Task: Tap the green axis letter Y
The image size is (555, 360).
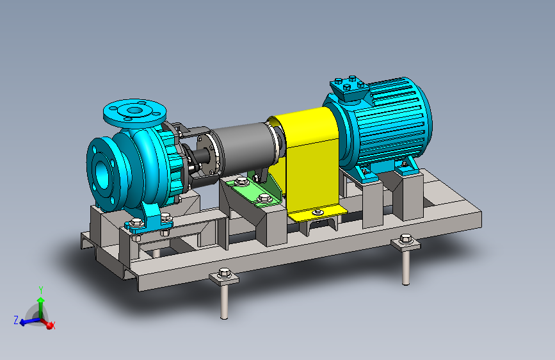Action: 41,291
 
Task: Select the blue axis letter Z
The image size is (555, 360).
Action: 16,320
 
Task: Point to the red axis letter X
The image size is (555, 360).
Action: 53,325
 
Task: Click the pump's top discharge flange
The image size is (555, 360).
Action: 135,111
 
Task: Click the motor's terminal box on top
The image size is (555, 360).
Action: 350,88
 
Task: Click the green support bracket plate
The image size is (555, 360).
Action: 253,192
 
